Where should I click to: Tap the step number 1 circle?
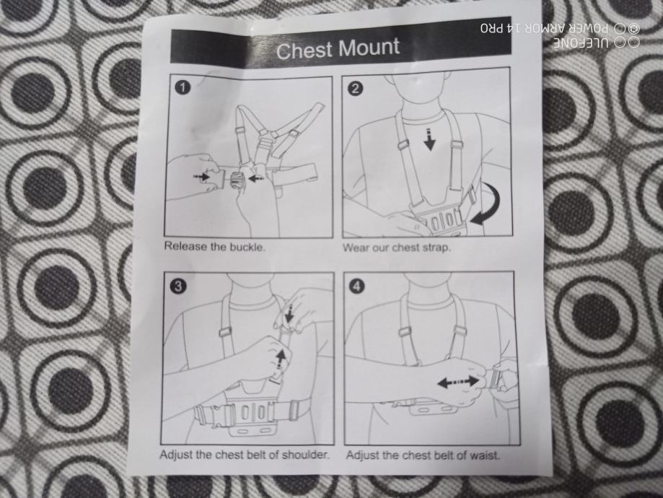point(183,88)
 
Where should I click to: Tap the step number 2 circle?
point(356,89)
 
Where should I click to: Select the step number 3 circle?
point(177,287)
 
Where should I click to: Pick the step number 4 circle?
point(357,287)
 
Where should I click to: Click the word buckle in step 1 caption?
point(247,247)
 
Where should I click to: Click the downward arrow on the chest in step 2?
point(429,139)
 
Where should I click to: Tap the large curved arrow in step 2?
point(489,204)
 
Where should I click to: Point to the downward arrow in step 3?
point(289,314)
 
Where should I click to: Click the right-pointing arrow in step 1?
point(201,176)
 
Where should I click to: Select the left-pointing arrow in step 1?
point(256,178)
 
